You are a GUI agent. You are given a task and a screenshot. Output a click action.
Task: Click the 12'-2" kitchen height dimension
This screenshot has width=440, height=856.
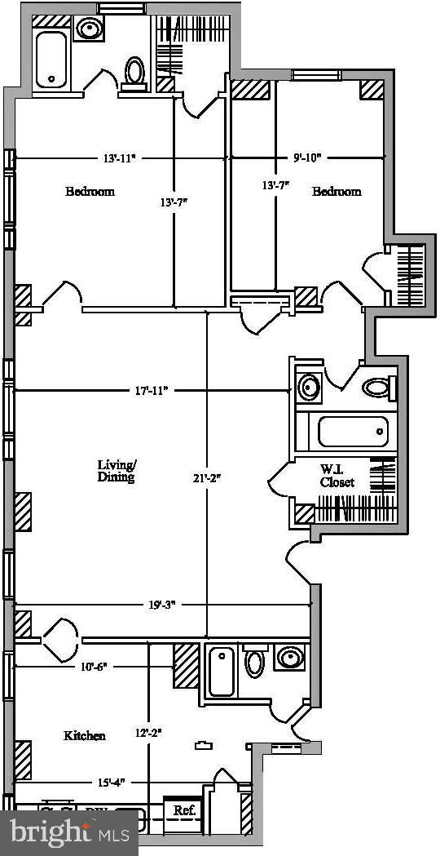147,734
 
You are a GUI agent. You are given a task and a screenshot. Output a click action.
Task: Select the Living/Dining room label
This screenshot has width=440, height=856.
117,471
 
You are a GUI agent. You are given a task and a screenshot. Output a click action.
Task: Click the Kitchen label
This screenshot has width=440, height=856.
85,735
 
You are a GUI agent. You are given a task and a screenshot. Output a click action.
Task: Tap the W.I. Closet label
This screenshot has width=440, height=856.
337,477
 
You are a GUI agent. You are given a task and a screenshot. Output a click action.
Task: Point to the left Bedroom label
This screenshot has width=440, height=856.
90,192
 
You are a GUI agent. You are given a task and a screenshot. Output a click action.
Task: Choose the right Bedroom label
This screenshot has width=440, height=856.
337,192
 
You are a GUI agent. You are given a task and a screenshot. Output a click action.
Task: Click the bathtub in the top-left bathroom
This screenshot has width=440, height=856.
54,58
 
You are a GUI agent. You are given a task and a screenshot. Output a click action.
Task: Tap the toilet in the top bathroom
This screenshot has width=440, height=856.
134,71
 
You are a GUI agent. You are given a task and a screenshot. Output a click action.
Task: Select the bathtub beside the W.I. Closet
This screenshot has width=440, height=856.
352,432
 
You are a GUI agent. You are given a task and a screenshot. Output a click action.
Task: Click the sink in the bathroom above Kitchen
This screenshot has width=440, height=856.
288,658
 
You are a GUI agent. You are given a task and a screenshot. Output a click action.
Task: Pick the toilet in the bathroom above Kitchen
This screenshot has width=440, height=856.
255,661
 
